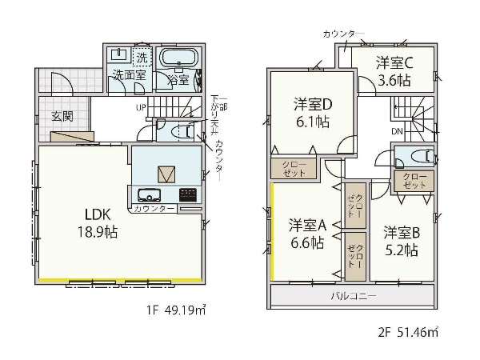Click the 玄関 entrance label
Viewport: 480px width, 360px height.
[62, 116]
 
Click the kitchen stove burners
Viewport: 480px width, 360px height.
[188, 194]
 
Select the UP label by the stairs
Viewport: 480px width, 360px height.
[141, 107]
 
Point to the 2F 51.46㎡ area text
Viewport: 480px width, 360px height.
[409, 330]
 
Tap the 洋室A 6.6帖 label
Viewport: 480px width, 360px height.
[306, 234]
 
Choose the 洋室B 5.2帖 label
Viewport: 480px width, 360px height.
[400, 241]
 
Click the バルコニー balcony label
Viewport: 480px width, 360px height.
[354, 296]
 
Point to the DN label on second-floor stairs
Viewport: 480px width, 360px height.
[397, 131]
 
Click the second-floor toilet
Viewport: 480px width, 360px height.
[417, 155]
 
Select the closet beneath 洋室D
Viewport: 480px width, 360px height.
[293, 168]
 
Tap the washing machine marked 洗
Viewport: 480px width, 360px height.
[142, 58]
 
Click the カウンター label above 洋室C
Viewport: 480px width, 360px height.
[342, 34]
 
